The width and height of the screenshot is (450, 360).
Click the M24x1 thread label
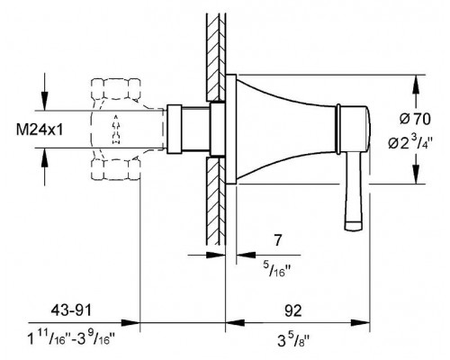[40, 130]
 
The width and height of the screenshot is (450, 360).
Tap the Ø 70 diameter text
[415, 119]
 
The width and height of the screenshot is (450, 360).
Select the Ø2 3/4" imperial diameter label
[410, 141]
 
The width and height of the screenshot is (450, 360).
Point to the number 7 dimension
[278, 240]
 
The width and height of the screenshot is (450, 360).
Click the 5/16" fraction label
[277, 269]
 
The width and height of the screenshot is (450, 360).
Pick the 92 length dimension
[292, 310]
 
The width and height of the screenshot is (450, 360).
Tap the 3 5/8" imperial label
[293, 340]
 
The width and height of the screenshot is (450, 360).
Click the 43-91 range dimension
[71, 310]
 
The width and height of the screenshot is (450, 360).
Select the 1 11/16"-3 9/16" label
[71, 339]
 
